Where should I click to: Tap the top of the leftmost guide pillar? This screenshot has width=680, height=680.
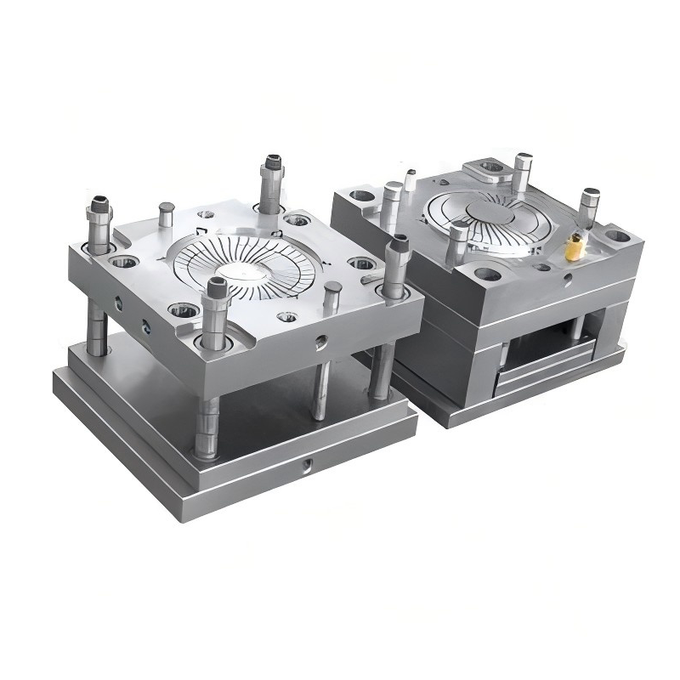pos(99,204)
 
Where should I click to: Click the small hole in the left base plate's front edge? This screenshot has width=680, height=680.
pos(307,464)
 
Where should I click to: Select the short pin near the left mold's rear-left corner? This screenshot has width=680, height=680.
pos(167,208)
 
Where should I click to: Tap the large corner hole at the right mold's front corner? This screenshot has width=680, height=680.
pos(488,274)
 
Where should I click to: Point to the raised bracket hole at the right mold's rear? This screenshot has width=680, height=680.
pos(491,167)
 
